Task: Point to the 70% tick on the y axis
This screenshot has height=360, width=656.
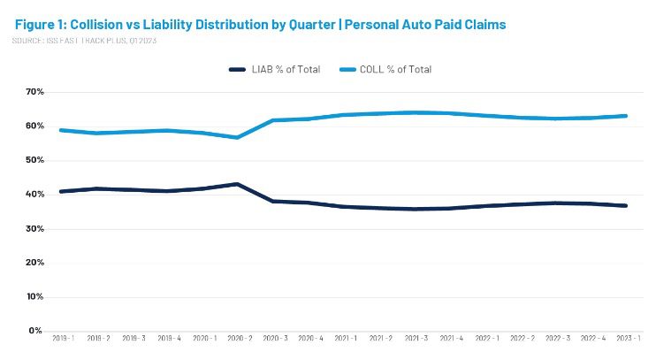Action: (34, 91)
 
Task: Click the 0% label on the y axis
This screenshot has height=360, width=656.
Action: (37, 330)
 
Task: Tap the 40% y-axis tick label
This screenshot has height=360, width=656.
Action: (34, 194)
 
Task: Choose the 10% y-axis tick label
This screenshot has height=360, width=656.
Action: (34, 296)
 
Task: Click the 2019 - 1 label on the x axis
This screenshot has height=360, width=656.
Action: (63, 340)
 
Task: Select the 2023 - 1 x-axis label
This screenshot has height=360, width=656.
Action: (629, 340)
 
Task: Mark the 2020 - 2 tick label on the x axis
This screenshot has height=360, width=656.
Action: (240, 340)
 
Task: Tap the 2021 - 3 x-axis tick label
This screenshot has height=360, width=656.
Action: (416, 340)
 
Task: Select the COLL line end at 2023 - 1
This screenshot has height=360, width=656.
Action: (627, 116)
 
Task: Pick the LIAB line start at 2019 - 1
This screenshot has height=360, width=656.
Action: (60, 191)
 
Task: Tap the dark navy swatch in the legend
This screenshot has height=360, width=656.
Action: (237, 69)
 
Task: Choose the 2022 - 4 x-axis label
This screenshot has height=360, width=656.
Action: (593, 340)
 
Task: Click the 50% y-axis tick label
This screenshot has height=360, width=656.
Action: (34, 160)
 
